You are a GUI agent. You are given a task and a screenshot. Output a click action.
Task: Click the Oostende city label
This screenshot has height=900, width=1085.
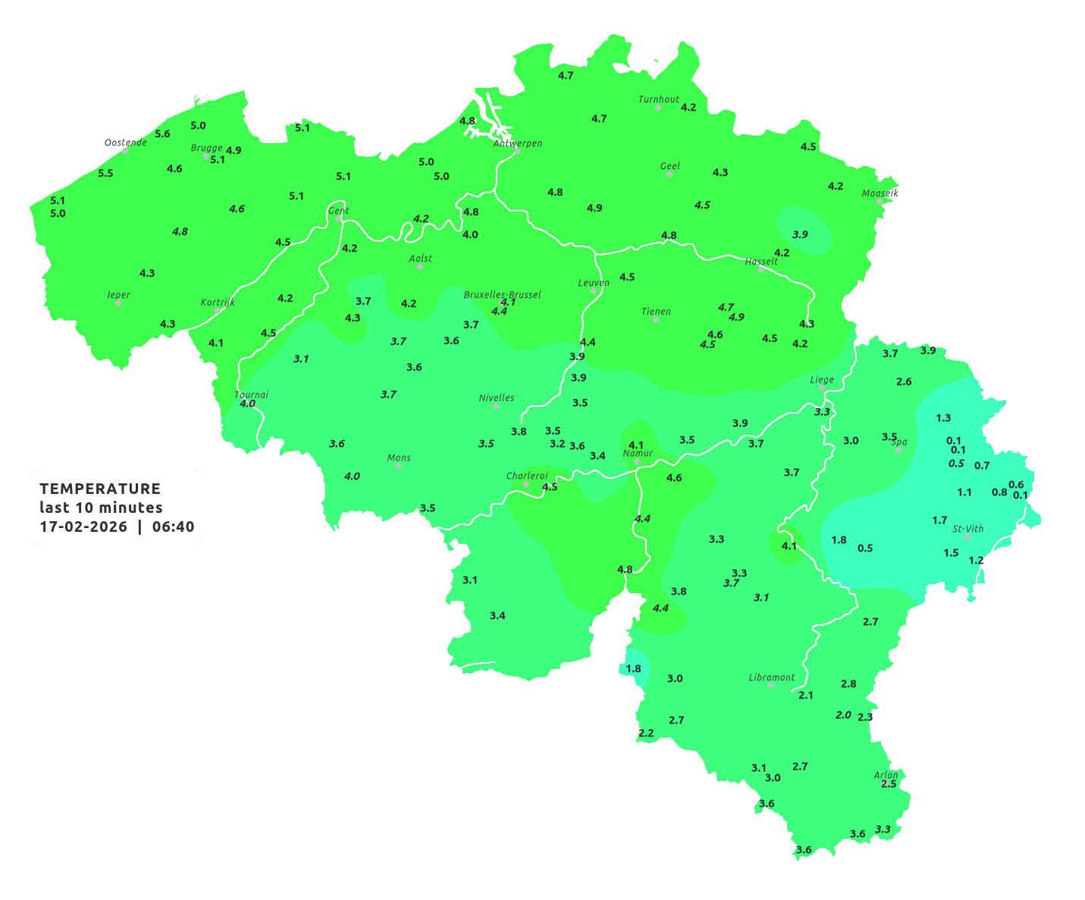(x=125, y=142)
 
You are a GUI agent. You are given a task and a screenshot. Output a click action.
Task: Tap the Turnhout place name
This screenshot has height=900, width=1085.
(x=659, y=99)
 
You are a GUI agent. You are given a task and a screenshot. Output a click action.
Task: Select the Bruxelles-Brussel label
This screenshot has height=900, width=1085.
(x=502, y=294)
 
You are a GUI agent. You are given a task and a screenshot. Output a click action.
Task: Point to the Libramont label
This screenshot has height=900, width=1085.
(x=771, y=677)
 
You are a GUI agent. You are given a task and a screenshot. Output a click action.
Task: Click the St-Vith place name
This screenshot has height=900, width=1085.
(x=967, y=529)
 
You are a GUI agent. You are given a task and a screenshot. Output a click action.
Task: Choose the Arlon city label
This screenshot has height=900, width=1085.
(x=885, y=775)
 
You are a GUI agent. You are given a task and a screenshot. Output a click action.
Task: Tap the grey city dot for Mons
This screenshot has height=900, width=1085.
(x=397, y=466)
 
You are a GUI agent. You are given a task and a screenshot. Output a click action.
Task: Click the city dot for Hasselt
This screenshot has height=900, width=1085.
(x=761, y=270)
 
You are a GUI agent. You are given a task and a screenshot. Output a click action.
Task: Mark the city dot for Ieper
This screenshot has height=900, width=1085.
(x=118, y=303)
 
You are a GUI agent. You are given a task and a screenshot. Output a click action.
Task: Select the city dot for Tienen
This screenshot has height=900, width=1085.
(x=656, y=320)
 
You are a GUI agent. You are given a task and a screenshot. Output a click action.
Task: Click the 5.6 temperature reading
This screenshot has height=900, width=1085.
(x=162, y=134)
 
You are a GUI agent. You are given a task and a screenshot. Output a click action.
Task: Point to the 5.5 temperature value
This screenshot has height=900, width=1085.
(x=105, y=173)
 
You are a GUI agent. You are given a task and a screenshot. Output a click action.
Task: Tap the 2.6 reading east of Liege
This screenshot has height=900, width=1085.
(x=904, y=382)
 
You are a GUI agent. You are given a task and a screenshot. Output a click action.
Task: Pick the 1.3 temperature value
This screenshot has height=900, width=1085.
(x=943, y=418)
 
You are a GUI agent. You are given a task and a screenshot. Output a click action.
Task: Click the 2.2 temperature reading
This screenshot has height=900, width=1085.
(x=646, y=733)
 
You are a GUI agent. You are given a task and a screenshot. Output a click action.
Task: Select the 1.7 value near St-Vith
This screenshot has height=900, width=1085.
(x=939, y=520)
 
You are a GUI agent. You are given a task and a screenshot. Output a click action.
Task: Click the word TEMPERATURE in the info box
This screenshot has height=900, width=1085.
(x=100, y=489)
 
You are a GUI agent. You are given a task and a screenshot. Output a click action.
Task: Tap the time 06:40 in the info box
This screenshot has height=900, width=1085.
(x=173, y=527)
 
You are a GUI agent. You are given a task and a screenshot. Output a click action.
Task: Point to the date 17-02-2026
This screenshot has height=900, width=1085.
(x=83, y=527)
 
